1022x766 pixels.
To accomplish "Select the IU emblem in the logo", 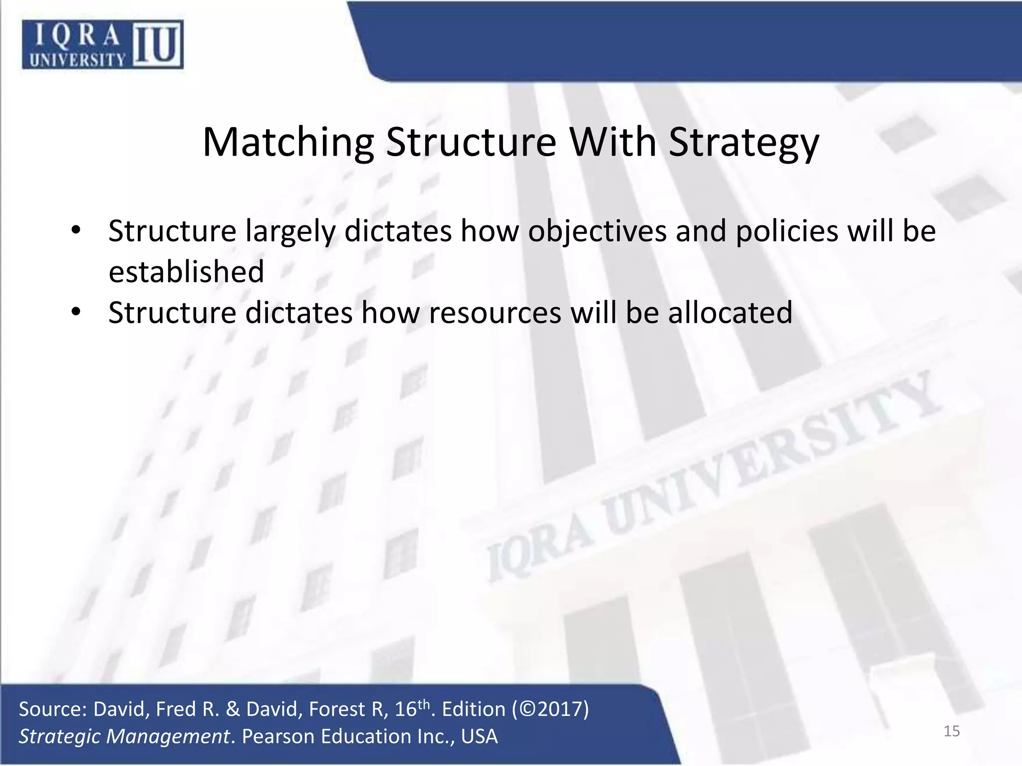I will point(157,45).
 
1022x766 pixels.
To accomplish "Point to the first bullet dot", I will point(75,230).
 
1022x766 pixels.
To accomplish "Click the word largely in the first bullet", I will point(289,231).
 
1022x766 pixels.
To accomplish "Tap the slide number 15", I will point(952,731).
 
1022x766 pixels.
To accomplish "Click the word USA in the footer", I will point(479,737).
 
